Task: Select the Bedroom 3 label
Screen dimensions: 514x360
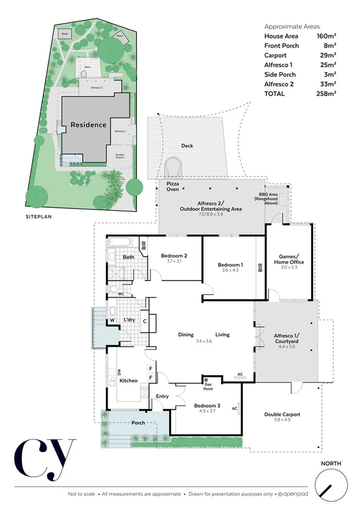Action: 208,406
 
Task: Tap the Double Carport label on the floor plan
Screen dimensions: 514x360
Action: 282,414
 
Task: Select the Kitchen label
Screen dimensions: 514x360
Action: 128,381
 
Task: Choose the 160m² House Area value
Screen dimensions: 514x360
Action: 326,37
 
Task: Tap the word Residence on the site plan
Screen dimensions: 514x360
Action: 89,125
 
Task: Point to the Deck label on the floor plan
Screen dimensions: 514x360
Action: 188,146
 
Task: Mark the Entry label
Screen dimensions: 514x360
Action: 163,397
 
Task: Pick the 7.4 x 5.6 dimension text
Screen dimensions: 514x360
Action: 204,342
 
